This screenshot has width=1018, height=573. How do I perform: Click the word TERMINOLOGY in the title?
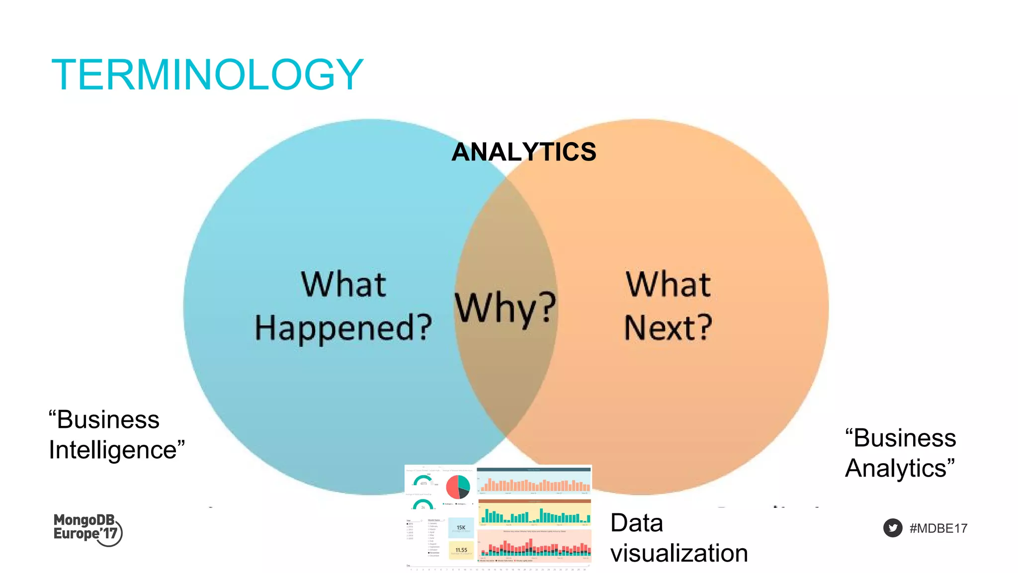(207, 75)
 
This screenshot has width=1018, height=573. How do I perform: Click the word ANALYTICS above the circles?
(523, 152)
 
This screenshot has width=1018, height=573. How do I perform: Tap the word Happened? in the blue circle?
(343, 328)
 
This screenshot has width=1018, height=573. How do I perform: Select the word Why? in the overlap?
(505, 308)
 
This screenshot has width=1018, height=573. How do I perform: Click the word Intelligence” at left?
(117, 450)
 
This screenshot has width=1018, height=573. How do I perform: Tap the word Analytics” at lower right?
(900, 468)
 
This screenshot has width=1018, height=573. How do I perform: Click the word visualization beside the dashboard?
(679, 553)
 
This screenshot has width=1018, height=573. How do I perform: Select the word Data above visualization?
(637, 523)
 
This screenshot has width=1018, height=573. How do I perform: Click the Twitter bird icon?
(893, 528)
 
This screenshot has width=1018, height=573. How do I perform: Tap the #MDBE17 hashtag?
(938, 528)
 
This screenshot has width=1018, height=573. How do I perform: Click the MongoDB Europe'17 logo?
(87, 529)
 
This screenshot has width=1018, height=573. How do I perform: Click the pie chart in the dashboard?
(458, 487)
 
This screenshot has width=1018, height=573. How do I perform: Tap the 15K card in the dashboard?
(461, 528)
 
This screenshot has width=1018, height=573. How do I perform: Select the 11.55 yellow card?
(461, 550)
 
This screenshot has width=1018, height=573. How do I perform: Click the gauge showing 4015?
(423, 481)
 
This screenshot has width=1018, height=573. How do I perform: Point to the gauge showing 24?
(423, 505)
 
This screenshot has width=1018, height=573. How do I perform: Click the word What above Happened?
(343, 284)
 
